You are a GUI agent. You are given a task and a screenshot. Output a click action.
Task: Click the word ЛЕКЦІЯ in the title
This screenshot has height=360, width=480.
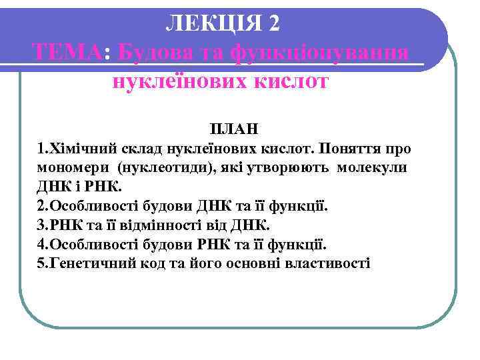coord(213,22)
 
